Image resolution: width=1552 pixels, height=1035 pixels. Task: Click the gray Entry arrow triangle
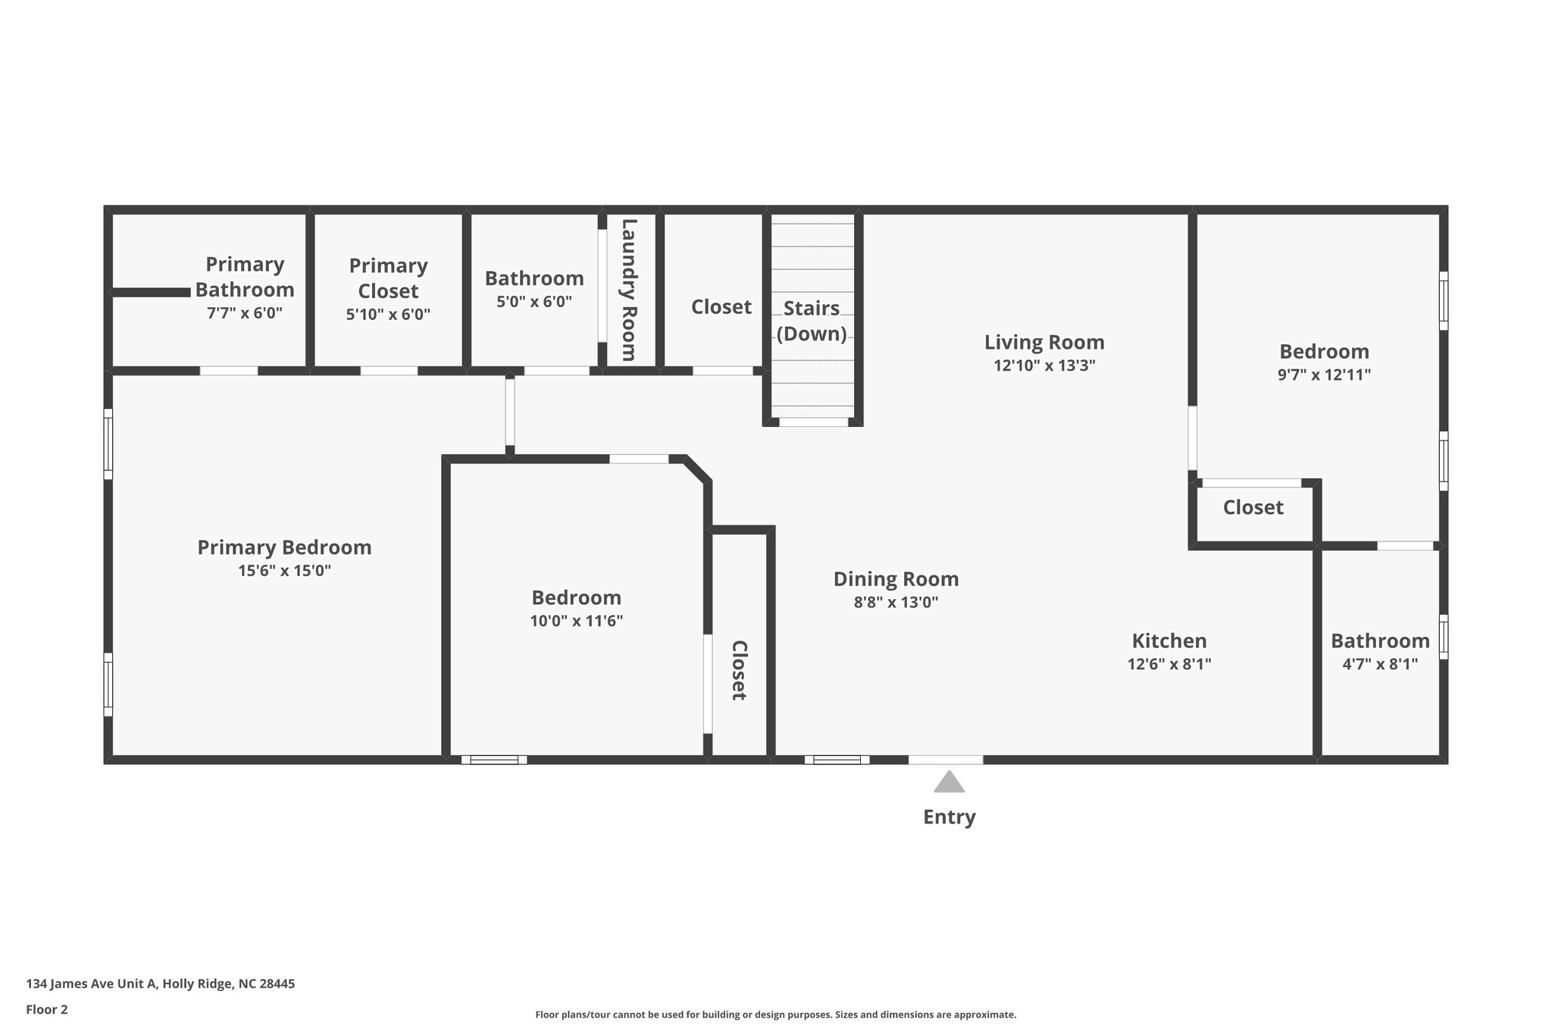tap(949, 783)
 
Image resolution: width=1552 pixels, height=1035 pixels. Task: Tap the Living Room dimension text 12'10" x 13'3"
tap(1044, 365)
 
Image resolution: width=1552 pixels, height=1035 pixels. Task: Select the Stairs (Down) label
tap(811, 321)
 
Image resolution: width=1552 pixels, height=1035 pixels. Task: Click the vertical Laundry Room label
tap(629, 290)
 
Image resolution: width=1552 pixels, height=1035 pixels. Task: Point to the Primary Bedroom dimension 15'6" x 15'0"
tap(284, 571)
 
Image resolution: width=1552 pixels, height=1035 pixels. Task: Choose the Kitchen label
tap(1169, 641)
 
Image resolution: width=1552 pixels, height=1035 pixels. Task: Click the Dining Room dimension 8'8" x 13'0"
tap(896, 603)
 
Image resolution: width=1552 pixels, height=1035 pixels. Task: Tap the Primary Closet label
tap(388, 278)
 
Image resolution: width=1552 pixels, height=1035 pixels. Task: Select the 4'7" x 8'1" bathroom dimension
tap(1380, 664)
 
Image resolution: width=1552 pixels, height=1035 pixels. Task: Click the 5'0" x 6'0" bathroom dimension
tap(534, 302)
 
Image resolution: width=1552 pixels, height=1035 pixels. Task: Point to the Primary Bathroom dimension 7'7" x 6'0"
tap(244, 312)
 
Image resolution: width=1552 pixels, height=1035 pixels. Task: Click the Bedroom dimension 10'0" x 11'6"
tap(576, 621)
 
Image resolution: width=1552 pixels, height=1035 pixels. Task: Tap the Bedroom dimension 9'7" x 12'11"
tap(1324, 375)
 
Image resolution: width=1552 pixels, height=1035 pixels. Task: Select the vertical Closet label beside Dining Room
tap(739, 670)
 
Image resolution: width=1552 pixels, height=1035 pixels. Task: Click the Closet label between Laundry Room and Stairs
tap(721, 307)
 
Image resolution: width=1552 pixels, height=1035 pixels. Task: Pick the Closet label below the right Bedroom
tap(1253, 507)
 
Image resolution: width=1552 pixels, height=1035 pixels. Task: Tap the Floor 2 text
tap(47, 1009)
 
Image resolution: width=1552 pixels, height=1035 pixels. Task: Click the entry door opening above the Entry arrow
tap(945, 760)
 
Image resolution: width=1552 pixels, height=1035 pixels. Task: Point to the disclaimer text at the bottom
tap(775, 1015)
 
